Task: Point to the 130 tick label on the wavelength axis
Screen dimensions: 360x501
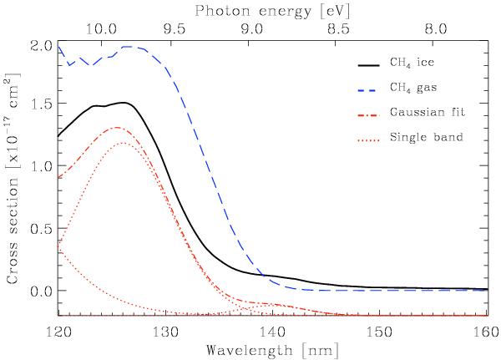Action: coord(164,332)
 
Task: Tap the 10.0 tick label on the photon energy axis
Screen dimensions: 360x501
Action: coord(101,28)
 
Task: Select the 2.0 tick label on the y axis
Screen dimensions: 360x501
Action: coord(41,43)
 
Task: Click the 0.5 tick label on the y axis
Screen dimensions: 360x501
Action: coord(41,229)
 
